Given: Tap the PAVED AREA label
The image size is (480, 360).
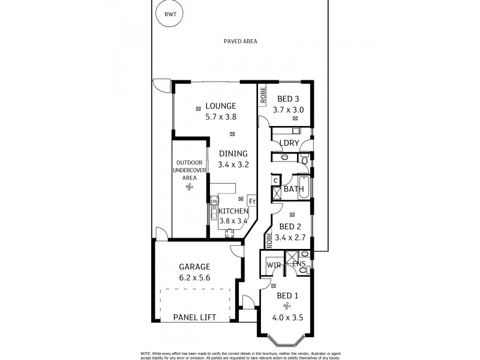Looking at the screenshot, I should coord(240,41).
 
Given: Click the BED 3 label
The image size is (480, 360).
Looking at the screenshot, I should coord(288,99).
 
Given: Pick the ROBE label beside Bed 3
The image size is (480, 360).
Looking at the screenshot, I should coord(263,95).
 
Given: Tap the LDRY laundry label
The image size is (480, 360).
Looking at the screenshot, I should coord(289,143).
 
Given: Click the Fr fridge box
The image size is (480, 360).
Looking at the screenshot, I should coord(251,201).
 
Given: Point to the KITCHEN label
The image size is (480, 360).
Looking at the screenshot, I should coord(233,211).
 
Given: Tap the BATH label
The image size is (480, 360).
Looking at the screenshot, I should coord(293,189).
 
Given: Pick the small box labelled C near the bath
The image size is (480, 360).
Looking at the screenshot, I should coord(275,180).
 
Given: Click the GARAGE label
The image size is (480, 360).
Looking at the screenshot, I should coord(194,267).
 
